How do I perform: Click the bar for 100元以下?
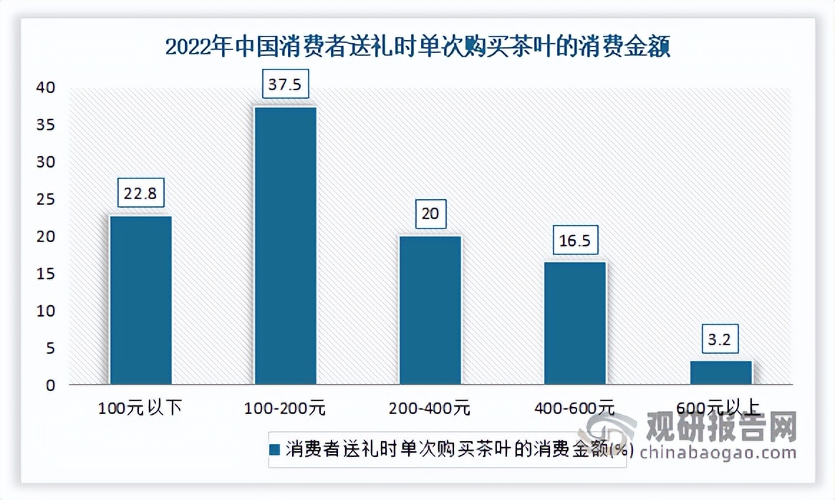pos(140,300)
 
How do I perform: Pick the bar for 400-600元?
pos(575,323)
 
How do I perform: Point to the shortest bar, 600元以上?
pos(720,372)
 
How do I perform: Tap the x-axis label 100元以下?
pos(140,409)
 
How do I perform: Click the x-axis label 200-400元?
pos(430,409)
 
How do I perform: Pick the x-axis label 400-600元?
pos(575,409)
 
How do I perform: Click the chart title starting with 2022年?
pos(417,48)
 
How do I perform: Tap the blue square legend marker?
pos(276,450)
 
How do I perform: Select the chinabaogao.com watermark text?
pos(718,453)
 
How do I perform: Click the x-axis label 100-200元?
pos(285,409)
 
